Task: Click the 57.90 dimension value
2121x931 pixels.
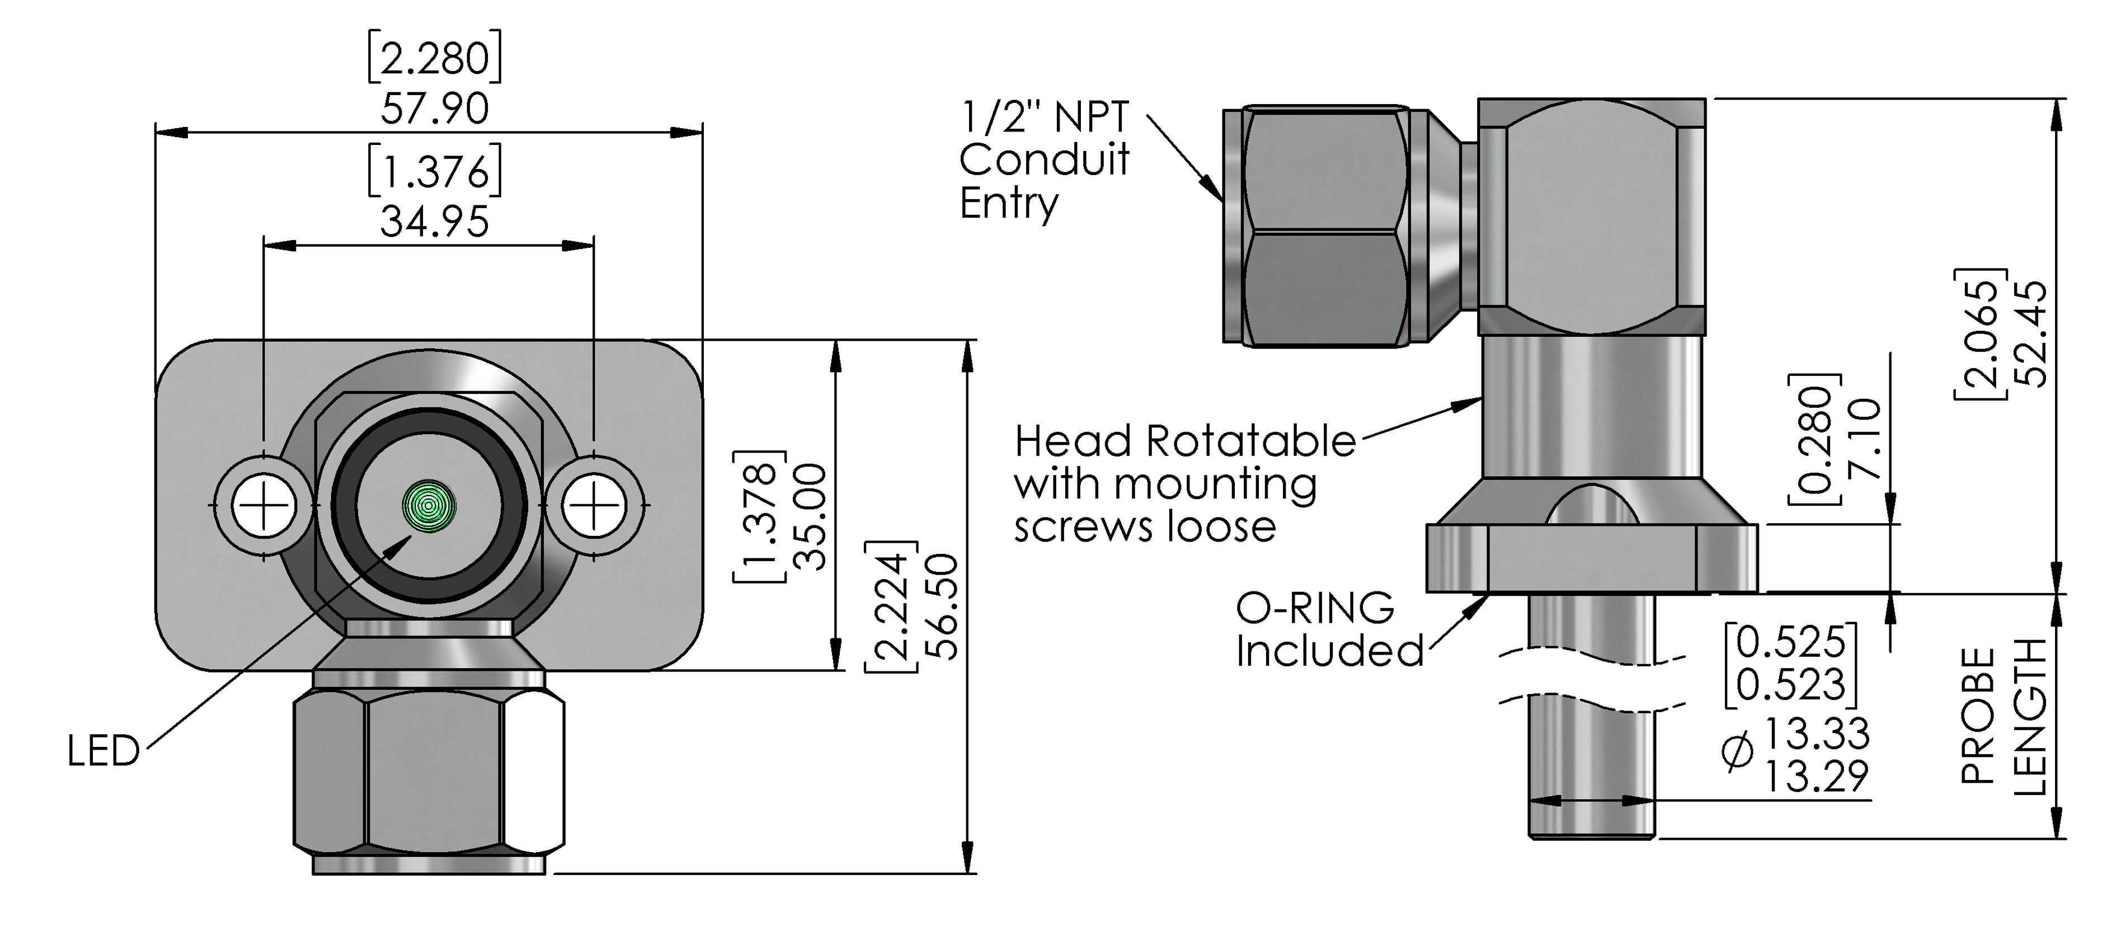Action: pos(435,109)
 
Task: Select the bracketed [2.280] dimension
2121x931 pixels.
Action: pos(435,58)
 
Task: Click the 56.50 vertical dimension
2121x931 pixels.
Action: pos(941,606)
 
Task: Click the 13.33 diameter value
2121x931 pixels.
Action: pos(1817,732)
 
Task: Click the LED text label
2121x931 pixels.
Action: pos(104,751)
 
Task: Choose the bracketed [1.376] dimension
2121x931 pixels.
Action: pos(435,171)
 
